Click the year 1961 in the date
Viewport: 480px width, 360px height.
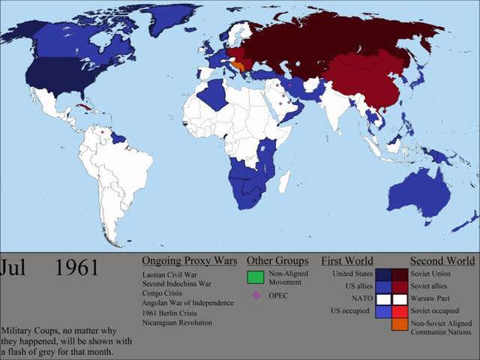coord(76,268)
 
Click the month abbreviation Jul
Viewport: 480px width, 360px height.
coord(15,268)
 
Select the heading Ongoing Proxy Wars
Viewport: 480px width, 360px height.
coord(189,261)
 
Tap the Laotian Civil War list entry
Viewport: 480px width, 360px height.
coord(172,274)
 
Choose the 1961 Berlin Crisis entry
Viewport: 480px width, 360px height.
coord(170,313)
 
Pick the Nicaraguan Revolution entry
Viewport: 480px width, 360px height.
coord(177,322)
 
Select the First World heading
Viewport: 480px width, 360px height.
coord(347,261)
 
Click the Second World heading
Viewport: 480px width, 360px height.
coord(442,261)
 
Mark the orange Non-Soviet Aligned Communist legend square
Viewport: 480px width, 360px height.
coord(399,324)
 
